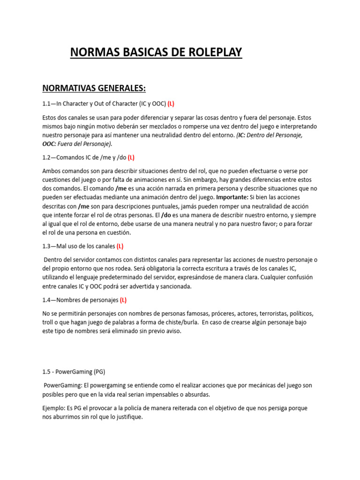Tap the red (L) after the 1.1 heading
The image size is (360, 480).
pyautogui.click(x=171, y=104)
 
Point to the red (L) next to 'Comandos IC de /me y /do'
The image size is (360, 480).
pyautogui.click(x=131, y=157)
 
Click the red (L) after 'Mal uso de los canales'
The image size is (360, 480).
pyautogui.click(x=120, y=246)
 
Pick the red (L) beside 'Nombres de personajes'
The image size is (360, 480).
pyautogui.click(x=123, y=300)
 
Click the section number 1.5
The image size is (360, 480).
pyautogui.click(x=47, y=372)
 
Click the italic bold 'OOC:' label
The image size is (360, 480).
pyautogui.click(x=50, y=144)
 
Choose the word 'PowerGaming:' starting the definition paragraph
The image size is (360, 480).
pyautogui.click(x=63, y=385)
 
